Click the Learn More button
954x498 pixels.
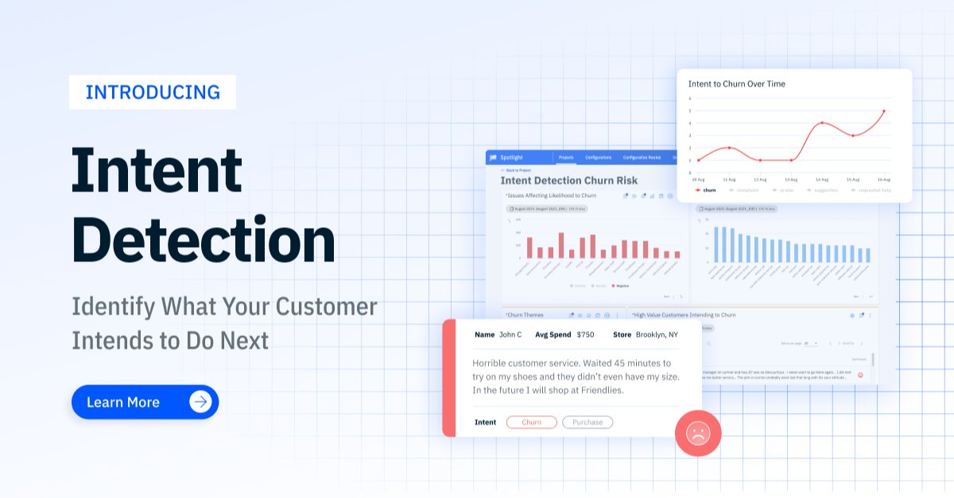pos(145,402)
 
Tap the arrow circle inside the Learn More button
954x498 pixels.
pos(201,402)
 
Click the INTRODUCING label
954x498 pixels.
pos(153,92)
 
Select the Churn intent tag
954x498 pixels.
pos(531,423)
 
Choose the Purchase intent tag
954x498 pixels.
pos(588,423)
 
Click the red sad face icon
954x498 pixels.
pos(698,434)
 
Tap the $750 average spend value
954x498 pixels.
pos(585,334)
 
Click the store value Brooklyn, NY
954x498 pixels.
pos(656,334)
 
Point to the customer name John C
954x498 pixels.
pos(510,334)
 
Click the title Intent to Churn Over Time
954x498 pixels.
pos(737,83)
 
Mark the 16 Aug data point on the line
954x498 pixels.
pos(883,111)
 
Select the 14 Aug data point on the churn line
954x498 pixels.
pos(822,123)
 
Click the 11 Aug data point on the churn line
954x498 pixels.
pos(729,148)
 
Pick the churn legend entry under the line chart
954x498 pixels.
pos(706,190)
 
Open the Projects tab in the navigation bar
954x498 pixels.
pos(566,157)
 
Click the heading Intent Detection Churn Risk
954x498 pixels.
pos(569,181)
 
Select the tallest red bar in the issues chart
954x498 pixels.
pos(561,245)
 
